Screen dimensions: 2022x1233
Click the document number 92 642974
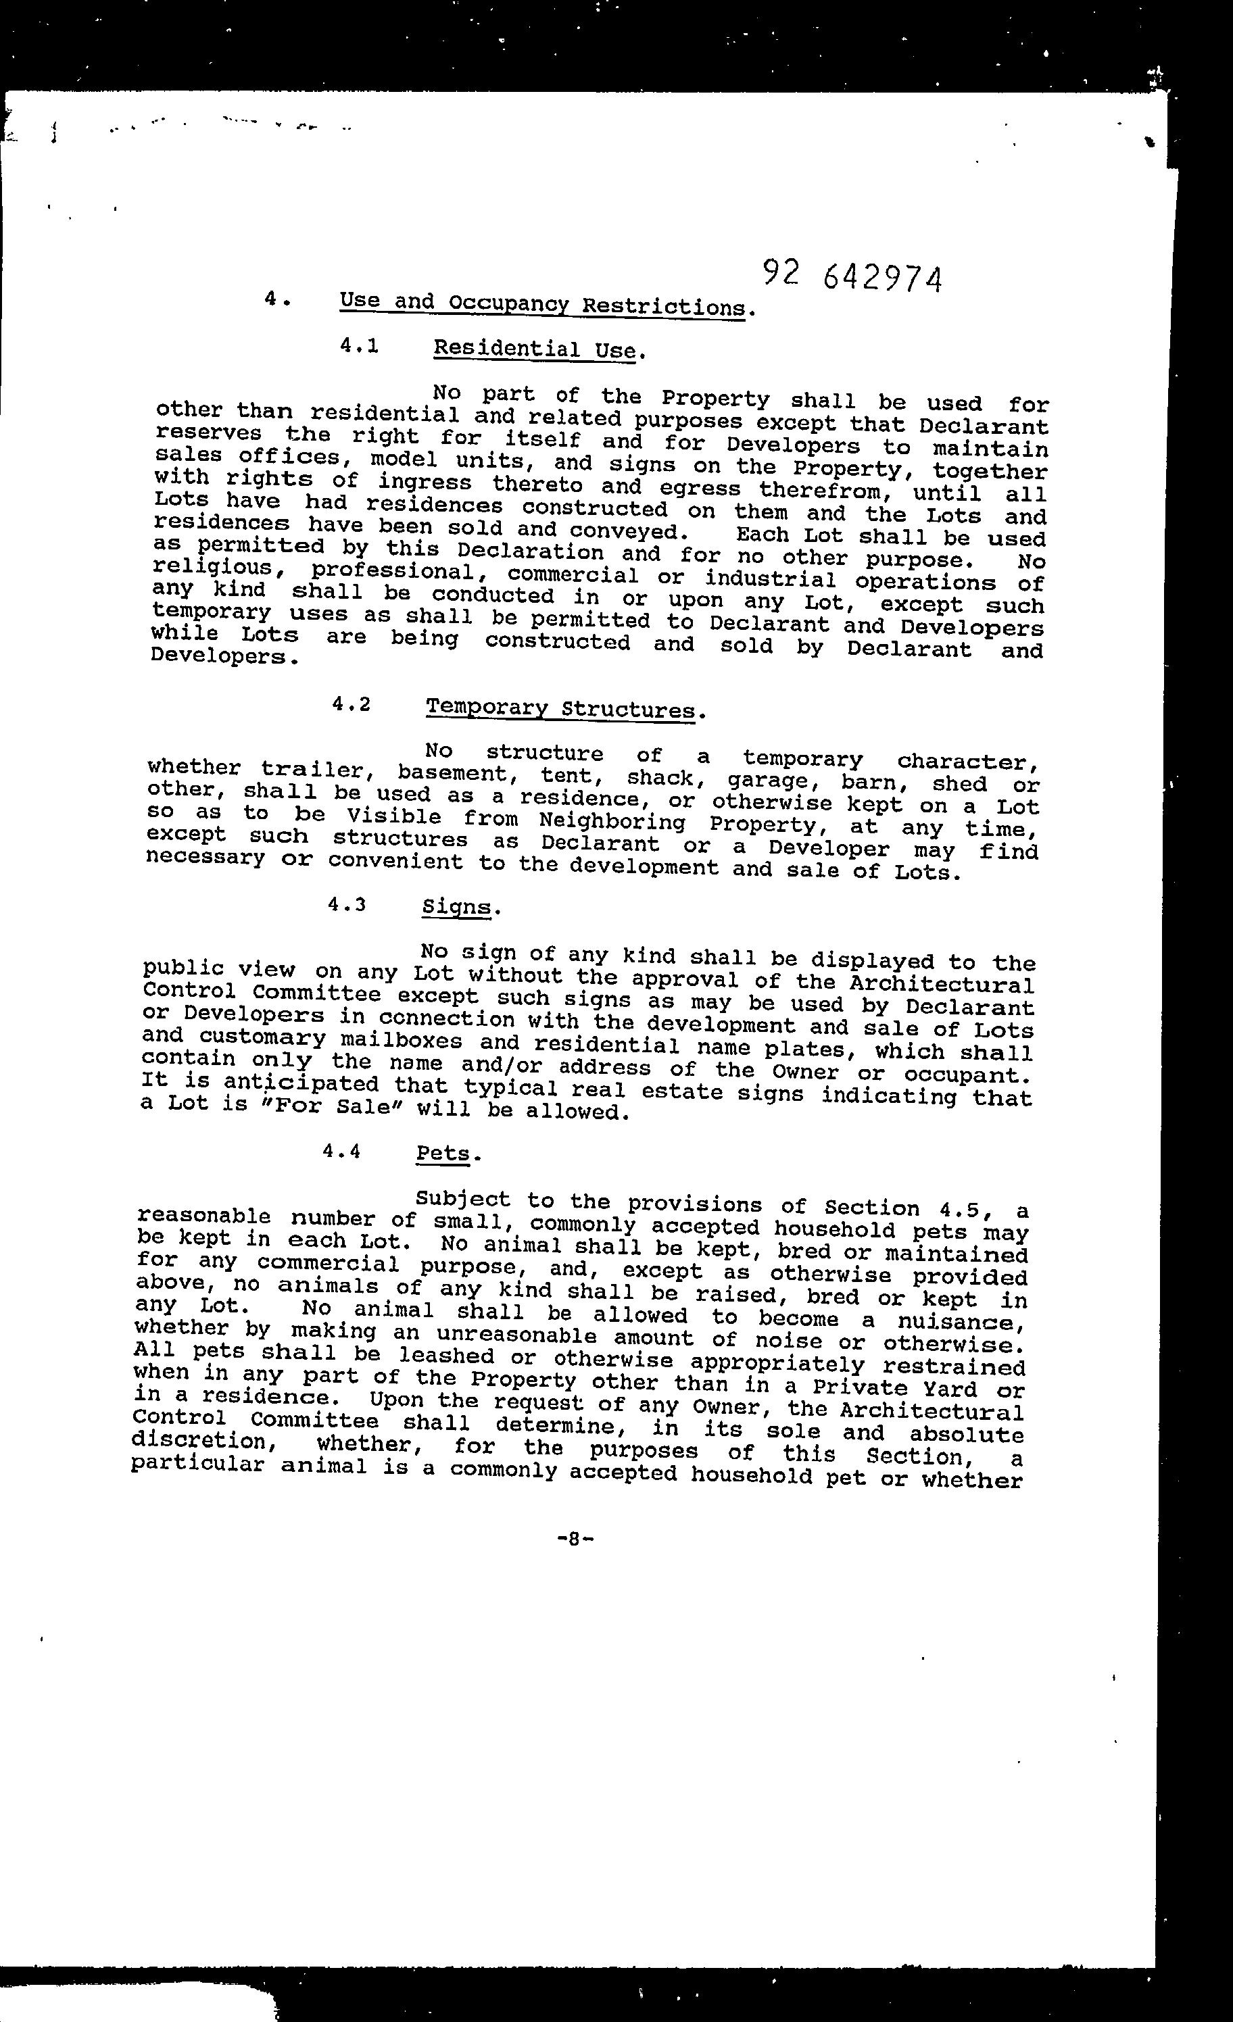click(x=851, y=277)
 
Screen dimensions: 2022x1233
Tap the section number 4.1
click(x=359, y=346)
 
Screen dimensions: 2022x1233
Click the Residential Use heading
click(x=535, y=349)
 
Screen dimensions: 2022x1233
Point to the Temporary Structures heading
click(x=560, y=708)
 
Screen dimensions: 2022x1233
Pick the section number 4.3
click(x=345, y=904)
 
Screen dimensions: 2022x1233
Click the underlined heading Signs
click(x=456, y=908)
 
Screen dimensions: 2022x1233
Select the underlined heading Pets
click(x=443, y=1152)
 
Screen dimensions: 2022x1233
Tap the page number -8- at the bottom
click(x=575, y=1539)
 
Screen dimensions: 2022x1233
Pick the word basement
click(x=452, y=773)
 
